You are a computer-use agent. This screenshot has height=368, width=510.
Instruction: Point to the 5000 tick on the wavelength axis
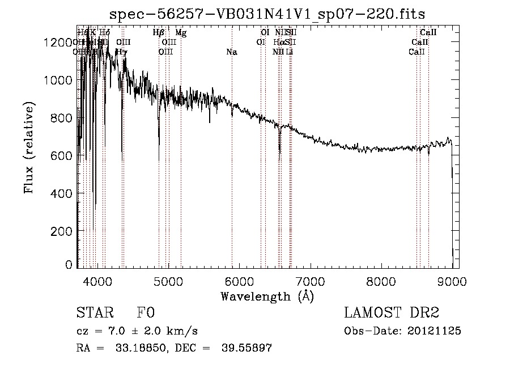168,280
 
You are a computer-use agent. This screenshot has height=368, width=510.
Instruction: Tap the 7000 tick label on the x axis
310,280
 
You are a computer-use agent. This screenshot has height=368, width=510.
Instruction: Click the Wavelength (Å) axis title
267,295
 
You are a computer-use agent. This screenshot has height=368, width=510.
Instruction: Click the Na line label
231,52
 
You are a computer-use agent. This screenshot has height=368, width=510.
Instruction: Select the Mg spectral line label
180,33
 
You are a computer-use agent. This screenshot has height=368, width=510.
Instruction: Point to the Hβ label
159,33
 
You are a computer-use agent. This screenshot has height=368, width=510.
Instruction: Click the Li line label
290,52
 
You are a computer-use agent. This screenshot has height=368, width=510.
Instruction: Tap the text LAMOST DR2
392,313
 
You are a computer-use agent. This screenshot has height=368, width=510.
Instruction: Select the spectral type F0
146,313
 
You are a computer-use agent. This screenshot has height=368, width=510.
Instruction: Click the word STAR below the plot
94,313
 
